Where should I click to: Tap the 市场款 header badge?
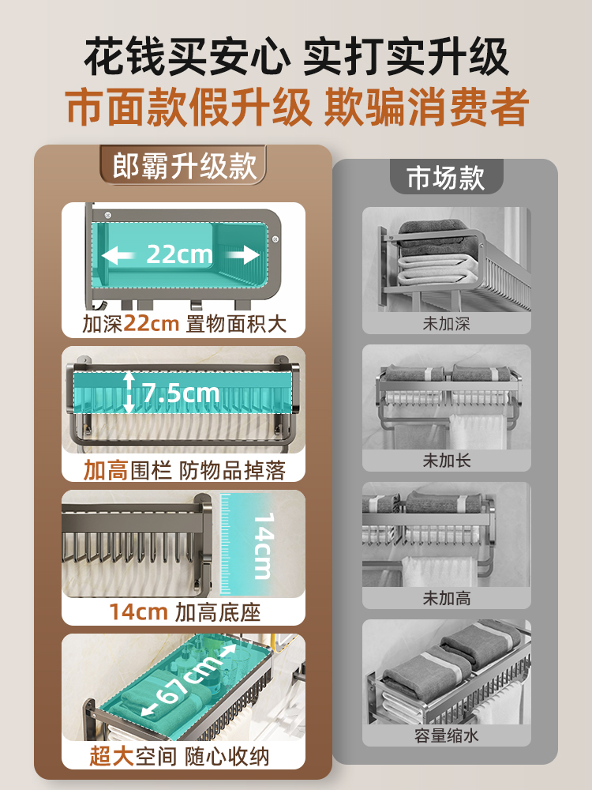[x=446, y=177]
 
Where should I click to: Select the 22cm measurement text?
[x=179, y=254]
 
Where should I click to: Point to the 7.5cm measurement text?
[x=181, y=392]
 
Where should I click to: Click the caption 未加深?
[x=447, y=323]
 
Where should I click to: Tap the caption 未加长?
[x=447, y=460]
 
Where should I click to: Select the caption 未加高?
[x=447, y=598]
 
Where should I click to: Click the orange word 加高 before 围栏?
[x=106, y=471]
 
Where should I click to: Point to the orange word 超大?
[x=111, y=756]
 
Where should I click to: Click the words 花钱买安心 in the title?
[x=185, y=58]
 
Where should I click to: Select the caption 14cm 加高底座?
[x=184, y=611]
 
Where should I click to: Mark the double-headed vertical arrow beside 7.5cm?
[x=129, y=393]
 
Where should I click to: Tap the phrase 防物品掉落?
[x=231, y=471]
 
